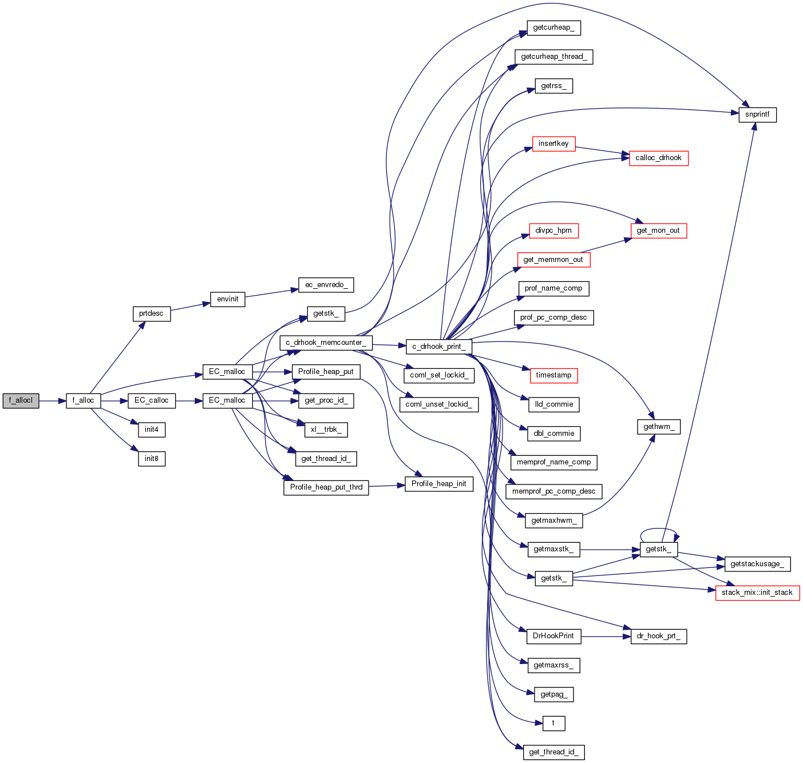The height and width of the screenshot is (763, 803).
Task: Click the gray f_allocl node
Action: [x=21, y=400]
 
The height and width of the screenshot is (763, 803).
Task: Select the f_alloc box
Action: [x=84, y=400]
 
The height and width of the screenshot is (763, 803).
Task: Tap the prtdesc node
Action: [x=151, y=313]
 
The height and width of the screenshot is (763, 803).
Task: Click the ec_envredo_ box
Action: [x=326, y=285]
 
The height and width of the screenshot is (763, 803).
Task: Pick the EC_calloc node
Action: [x=151, y=400]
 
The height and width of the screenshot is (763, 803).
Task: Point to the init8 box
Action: [x=151, y=459]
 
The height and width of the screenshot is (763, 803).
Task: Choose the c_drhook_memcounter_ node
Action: [x=326, y=343]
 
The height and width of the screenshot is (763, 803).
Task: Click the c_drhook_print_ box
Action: [x=439, y=346]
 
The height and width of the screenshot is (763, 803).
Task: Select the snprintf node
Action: [x=757, y=114]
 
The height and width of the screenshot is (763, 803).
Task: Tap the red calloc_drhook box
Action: [x=658, y=158]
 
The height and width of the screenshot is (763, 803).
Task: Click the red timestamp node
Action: [x=553, y=375]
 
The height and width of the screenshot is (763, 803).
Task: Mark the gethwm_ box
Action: [x=658, y=427]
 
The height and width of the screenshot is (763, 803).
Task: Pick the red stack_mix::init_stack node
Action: [x=757, y=593]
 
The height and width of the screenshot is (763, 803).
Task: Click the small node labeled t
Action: [x=553, y=723]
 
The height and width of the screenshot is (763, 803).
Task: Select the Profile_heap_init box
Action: [x=438, y=484]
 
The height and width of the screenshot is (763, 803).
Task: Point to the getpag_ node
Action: [x=553, y=694]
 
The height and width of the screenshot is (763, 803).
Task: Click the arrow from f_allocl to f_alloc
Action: [x=52, y=400]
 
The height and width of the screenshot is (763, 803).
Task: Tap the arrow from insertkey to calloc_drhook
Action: [x=602, y=150]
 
